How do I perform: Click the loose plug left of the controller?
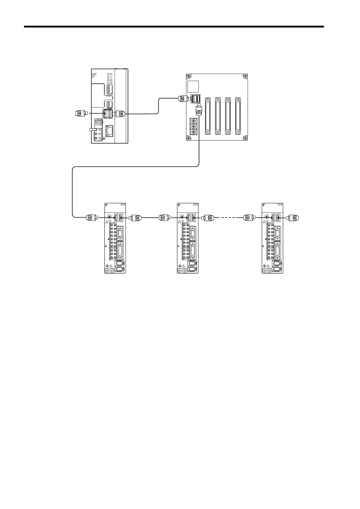[x=81, y=114]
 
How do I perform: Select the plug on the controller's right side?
[x=120, y=114]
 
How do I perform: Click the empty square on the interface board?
[x=193, y=87]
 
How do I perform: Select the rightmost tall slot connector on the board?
[x=238, y=116]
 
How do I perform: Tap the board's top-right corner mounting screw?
[x=245, y=76]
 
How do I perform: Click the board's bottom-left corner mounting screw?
[x=188, y=138]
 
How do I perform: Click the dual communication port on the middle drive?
[x=191, y=217]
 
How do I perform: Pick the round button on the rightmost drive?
[x=267, y=217]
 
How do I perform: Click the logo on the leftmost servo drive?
[x=106, y=205]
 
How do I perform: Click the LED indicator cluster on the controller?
[x=110, y=78]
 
